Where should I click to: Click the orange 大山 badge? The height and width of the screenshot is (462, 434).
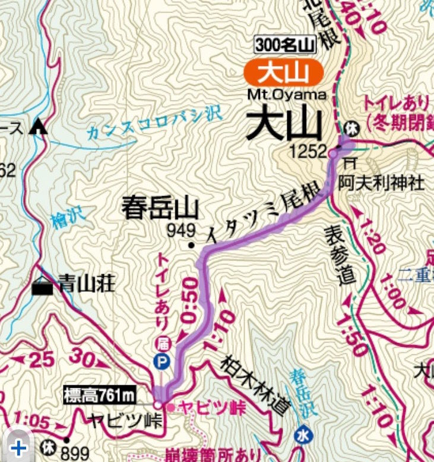click(x=283, y=73)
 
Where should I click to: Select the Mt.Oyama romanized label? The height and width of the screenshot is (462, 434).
click(x=287, y=95)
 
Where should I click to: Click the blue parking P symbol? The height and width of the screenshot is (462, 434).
click(x=161, y=360)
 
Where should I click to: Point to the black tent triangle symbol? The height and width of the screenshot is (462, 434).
click(x=39, y=125)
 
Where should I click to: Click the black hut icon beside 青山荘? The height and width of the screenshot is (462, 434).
click(x=42, y=287)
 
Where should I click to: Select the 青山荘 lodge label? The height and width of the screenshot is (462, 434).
click(x=86, y=285)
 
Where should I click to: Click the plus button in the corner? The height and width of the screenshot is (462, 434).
click(x=19, y=447)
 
